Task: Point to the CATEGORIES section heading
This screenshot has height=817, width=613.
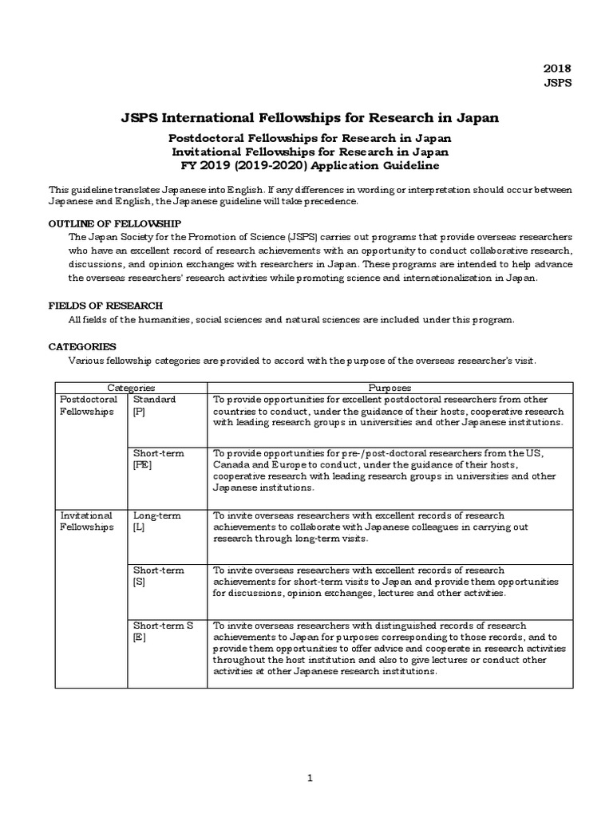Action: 82,347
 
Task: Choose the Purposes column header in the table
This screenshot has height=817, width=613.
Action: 390,387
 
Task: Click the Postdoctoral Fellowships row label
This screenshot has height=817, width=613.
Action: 89,405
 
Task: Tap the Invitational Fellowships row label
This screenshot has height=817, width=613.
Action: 88,522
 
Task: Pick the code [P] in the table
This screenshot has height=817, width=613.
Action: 140,412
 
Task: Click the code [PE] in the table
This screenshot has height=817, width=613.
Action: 143,465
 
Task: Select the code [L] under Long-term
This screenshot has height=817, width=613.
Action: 139,528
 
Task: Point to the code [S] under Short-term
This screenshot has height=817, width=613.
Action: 139,583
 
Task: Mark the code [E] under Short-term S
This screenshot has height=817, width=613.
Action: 140,638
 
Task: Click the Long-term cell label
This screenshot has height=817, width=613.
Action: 156,516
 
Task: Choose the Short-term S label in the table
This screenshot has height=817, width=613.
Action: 163,626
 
